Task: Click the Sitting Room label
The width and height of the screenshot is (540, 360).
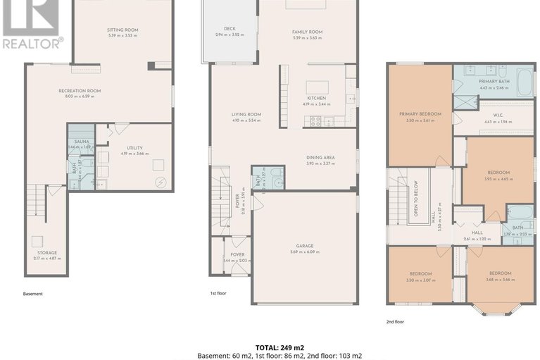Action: pyautogui.click(x=123, y=30)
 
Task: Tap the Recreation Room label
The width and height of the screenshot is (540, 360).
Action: pyautogui.click(x=80, y=91)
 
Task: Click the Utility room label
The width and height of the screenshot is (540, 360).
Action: pyautogui.click(x=134, y=147)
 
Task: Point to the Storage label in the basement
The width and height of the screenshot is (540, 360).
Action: pyautogui.click(x=47, y=252)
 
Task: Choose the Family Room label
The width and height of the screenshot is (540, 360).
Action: pyautogui.click(x=307, y=32)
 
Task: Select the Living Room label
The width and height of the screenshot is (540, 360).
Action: pyautogui.click(x=246, y=114)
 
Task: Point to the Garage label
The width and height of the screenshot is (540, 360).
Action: pyautogui.click(x=304, y=246)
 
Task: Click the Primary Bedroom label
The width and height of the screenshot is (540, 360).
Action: pyautogui.click(x=420, y=114)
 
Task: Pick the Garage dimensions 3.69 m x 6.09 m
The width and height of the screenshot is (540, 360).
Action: pyautogui.click(x=304, y=252)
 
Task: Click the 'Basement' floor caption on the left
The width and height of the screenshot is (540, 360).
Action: pyautogui.click(x=33, y=294)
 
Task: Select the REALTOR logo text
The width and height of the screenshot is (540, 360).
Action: pyautogui.click(x=32, y=42)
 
